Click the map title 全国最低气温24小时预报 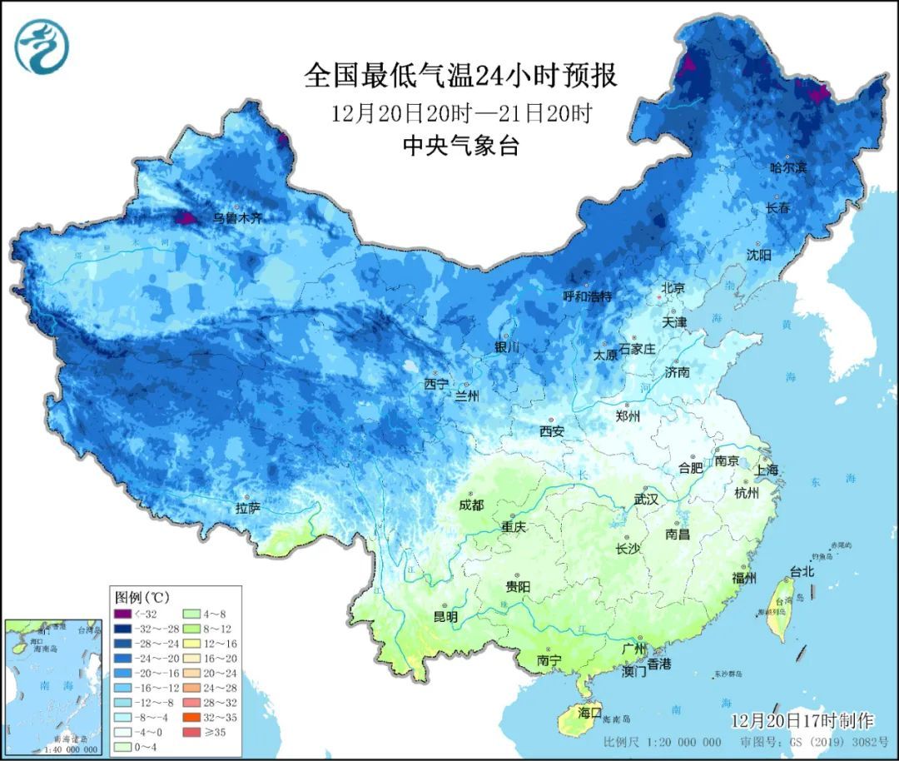(460, 76)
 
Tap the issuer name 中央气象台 (460, 147)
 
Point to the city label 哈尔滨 (787, 167)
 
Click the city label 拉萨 (248, 507)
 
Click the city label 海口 (589, 713)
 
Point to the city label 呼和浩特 (587, 296)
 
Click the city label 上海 (767, 470)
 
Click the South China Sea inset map (52, 685)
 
